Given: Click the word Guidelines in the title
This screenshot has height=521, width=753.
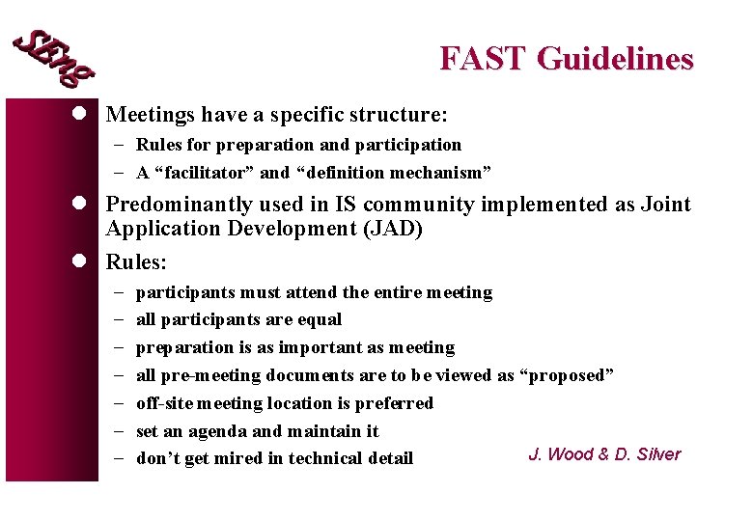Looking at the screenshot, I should point(615,59).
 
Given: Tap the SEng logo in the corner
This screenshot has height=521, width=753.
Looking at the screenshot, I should point(53,56).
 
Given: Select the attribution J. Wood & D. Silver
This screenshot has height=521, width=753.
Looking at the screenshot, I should point(604,454).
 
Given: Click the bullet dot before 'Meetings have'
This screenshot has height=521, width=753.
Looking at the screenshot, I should point(82,115).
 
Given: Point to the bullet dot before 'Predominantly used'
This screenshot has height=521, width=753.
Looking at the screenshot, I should point(82,204).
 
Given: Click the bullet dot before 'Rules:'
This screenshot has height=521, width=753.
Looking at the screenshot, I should point(82,261).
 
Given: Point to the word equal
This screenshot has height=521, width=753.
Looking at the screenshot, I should point(320,319).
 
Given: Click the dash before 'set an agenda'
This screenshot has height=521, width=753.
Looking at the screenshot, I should point(116,431).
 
